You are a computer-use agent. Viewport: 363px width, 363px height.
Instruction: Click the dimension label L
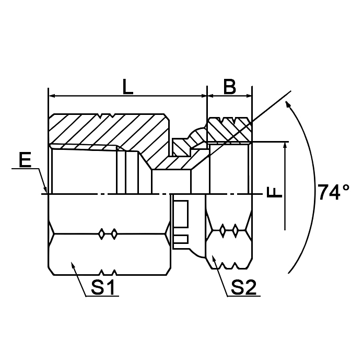click(x=127, y=86)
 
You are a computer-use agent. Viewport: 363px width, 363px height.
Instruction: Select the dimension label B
click(x=229, y=86)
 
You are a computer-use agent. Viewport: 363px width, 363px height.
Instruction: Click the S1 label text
click(x=103, y=287)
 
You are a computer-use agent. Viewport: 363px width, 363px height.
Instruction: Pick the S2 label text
click(x=243, y=287)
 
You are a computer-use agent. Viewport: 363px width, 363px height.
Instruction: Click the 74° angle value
click(x=334, y=193)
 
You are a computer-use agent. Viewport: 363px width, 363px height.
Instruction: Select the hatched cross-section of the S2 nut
click(x=229, y=130)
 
